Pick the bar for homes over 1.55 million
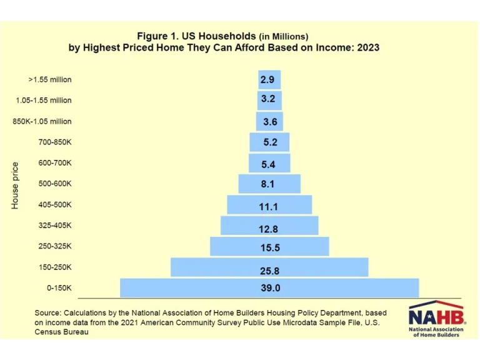(x=269, y=79)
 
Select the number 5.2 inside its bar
(x=270, y=142)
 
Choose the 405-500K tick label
(x=54, y=204)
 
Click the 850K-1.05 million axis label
(x=42, y=121)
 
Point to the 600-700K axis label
(x=54, y=163)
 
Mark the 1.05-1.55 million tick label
(x=44, y=100)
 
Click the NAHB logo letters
(x=436, y=316)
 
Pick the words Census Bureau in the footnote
(x=61, y=332)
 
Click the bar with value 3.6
(x=269, y=121)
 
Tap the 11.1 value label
(x=269, y=206)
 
